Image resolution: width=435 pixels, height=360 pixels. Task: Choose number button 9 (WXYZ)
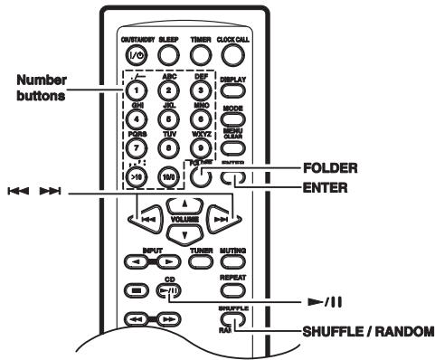tap(200, 148)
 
